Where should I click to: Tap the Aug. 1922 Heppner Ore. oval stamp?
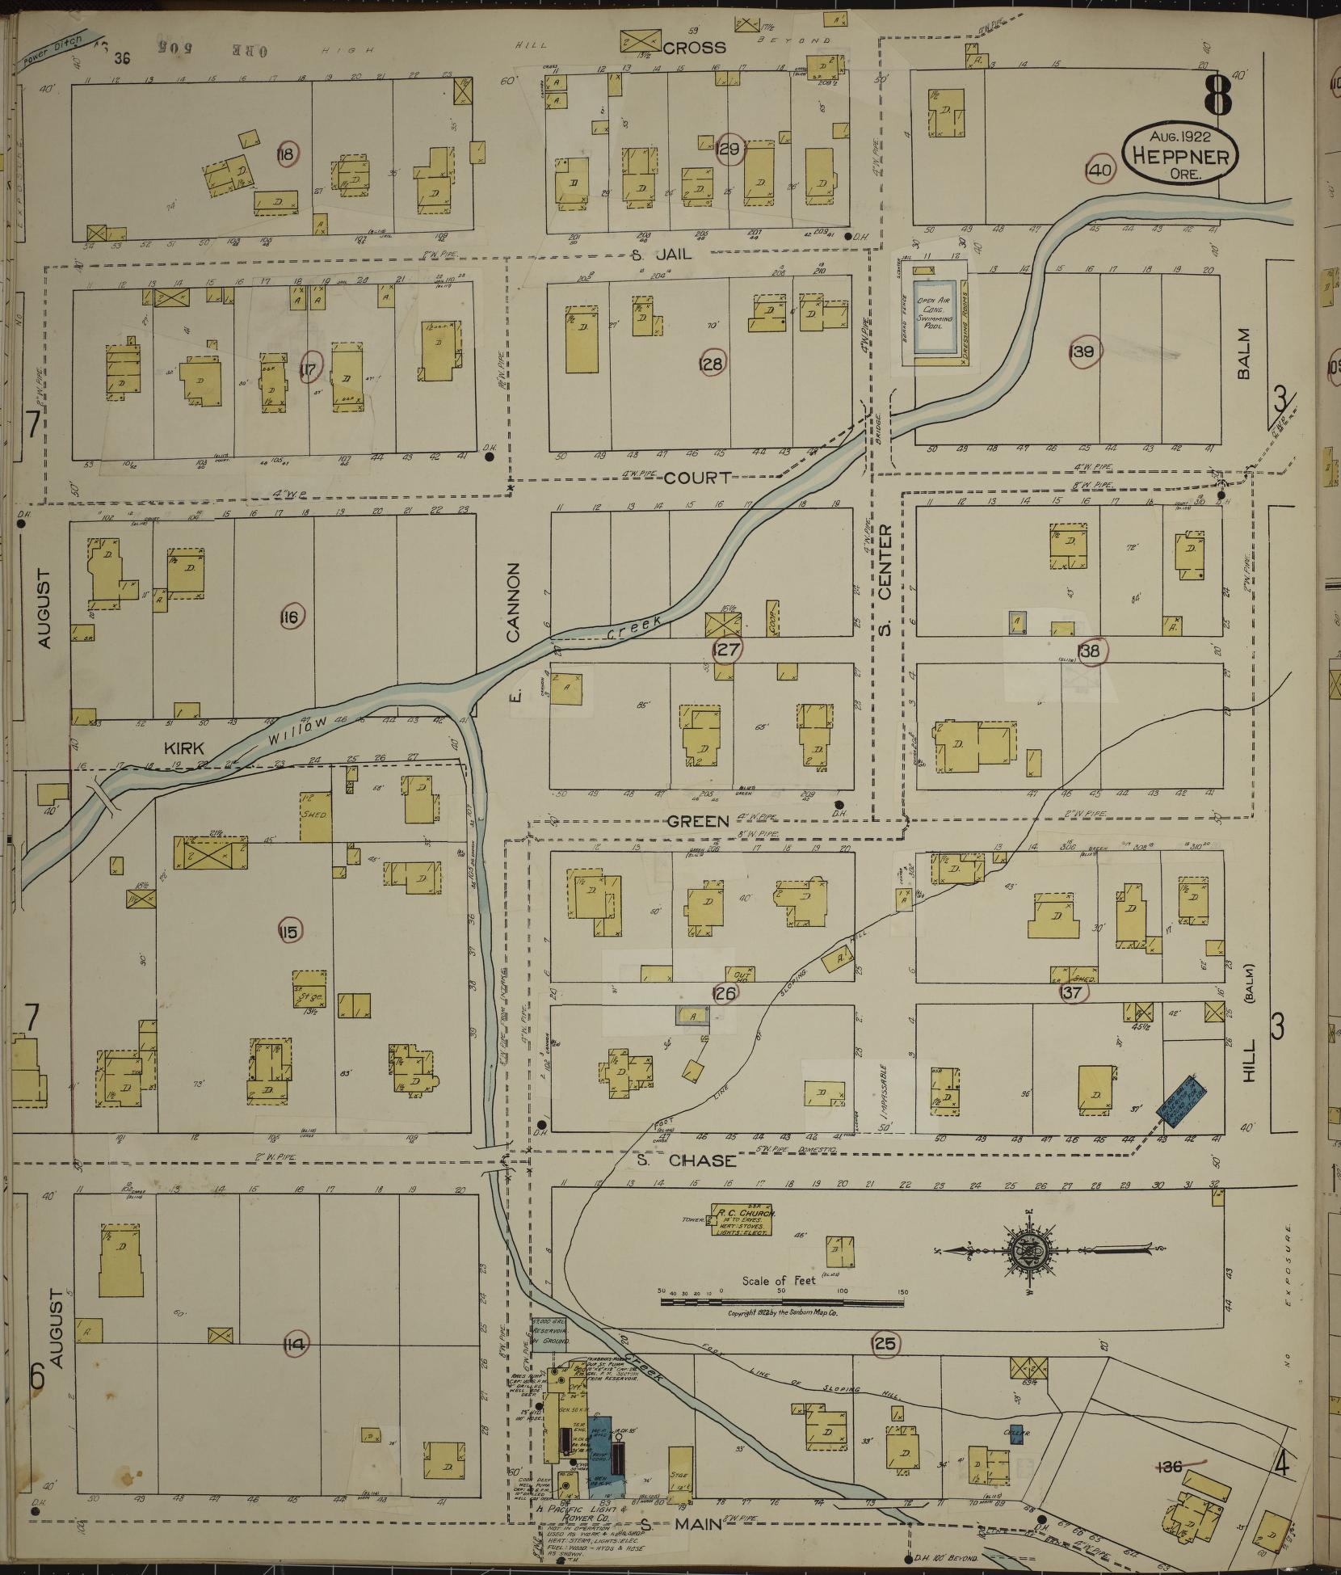click(1180, 152)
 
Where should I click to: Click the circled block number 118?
click(286, 154)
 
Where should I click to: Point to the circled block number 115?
click(288, 932)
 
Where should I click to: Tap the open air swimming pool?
click(935, 318)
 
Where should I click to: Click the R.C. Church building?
click(742, 1222)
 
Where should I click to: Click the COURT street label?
click(697, 478)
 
